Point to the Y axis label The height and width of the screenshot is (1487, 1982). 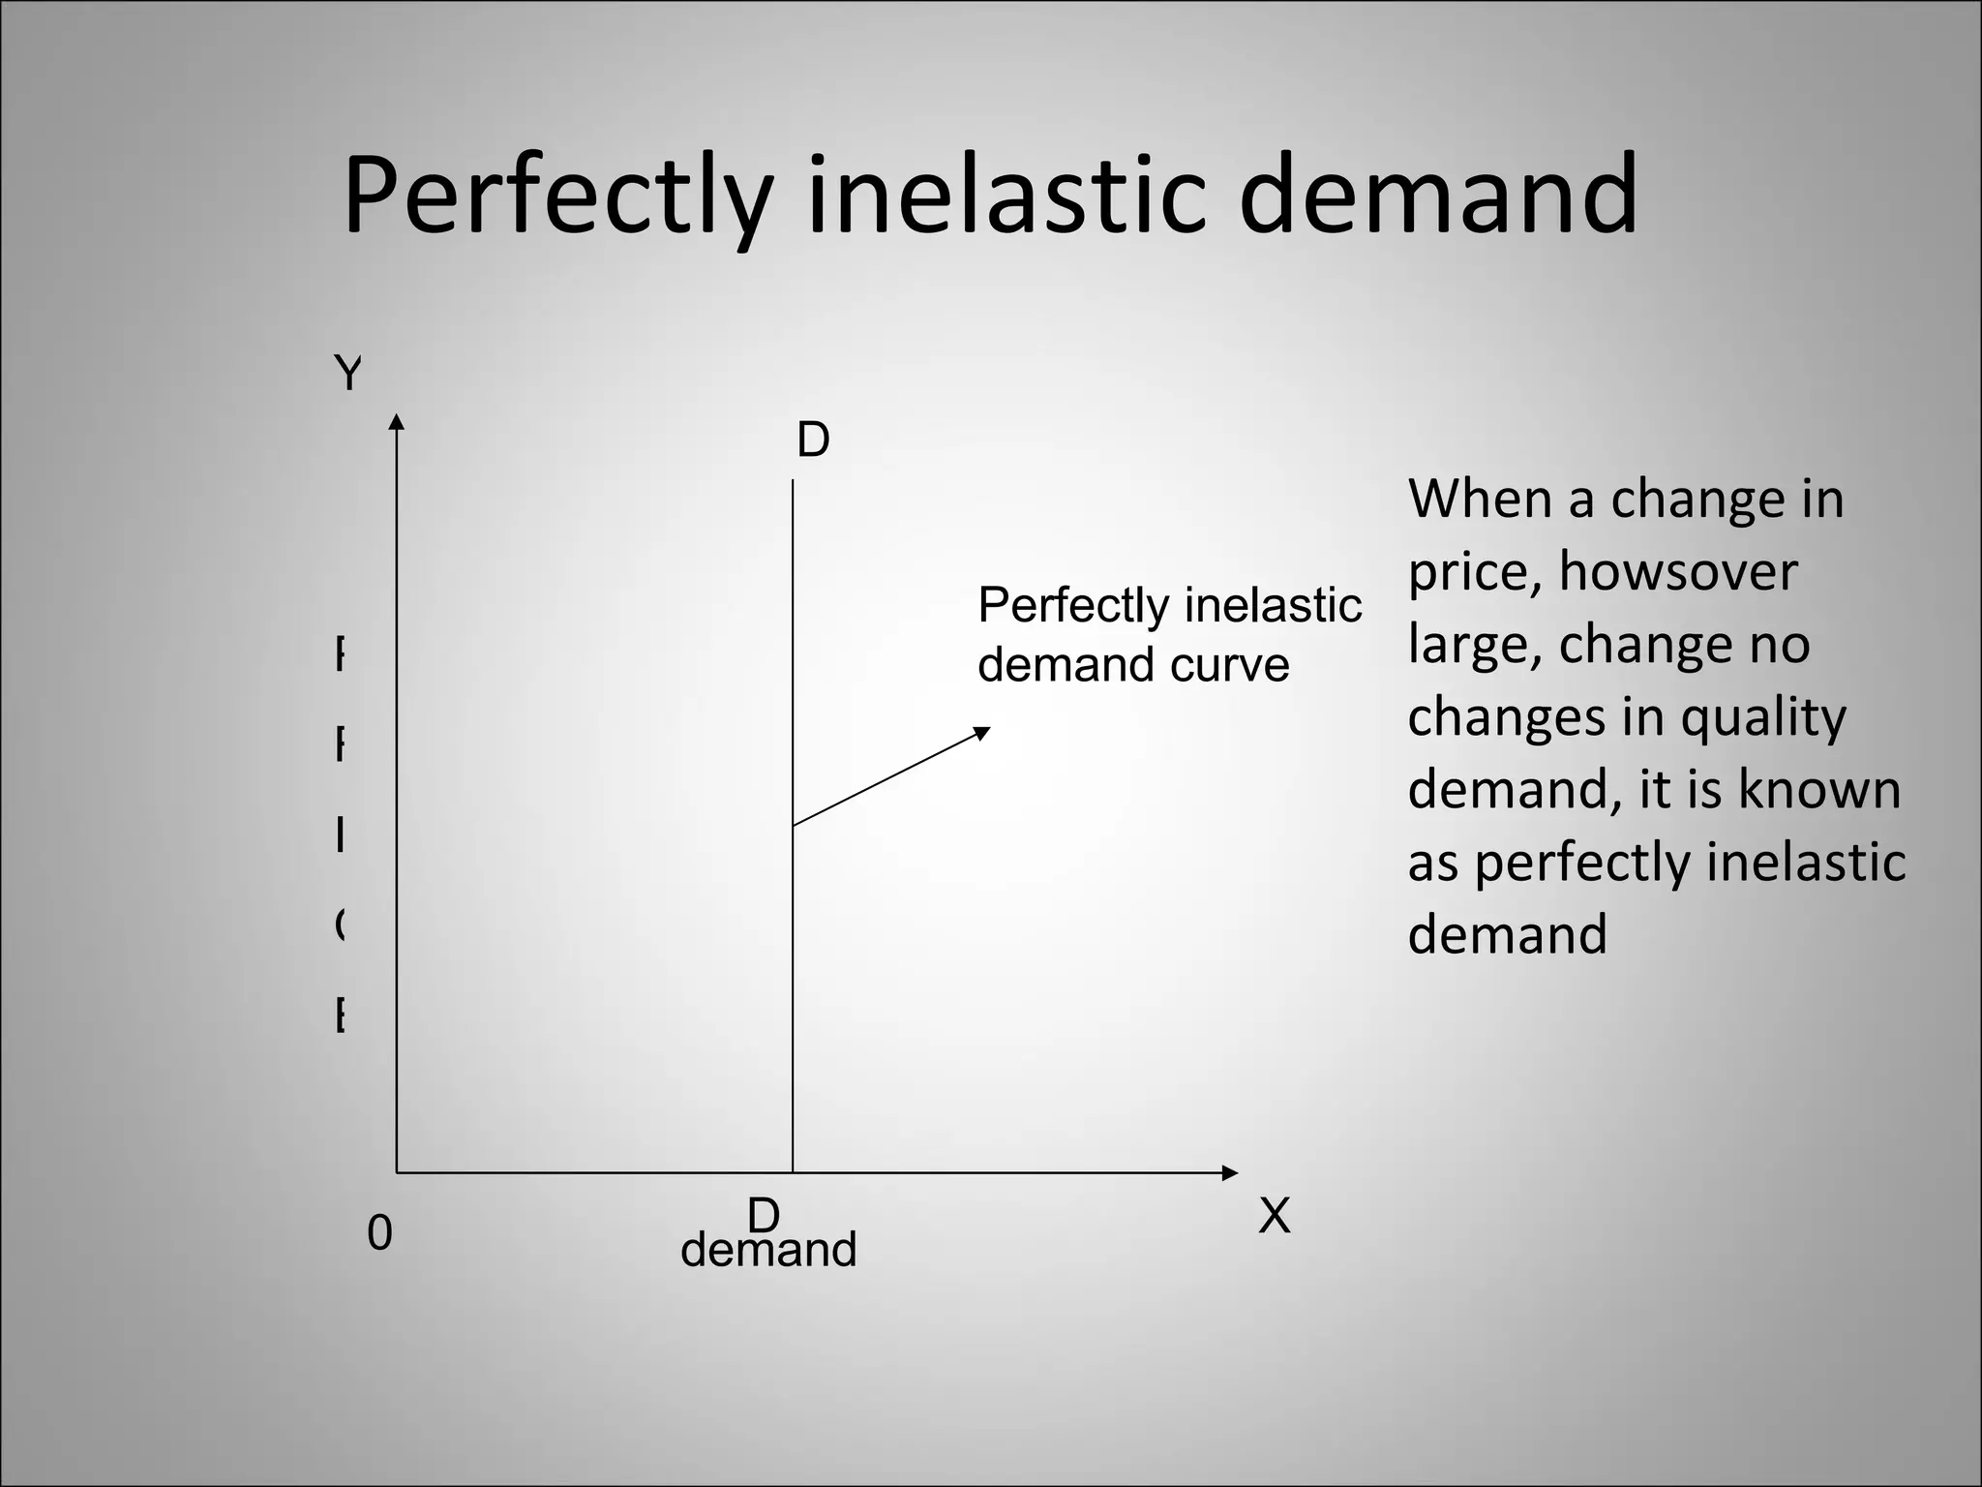click(347, 373)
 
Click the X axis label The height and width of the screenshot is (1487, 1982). click(1275, 1216)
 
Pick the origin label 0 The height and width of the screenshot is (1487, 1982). click(379, 1233)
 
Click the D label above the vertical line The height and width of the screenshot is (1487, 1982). click(813, 440)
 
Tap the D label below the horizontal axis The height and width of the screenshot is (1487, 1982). click(764, 1214)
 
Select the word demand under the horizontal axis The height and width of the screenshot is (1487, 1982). click(768, 1250)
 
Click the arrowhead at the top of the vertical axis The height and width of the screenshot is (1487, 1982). click(396, 421)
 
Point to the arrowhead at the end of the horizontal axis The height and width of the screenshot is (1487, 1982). click(1230, 1173)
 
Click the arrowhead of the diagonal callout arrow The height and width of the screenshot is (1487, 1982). click(982, 732)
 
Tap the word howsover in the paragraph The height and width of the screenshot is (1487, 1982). click(1677, 571)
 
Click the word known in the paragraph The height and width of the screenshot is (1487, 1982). click(1819, 789)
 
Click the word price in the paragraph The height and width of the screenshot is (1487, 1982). click(1473, 573)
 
